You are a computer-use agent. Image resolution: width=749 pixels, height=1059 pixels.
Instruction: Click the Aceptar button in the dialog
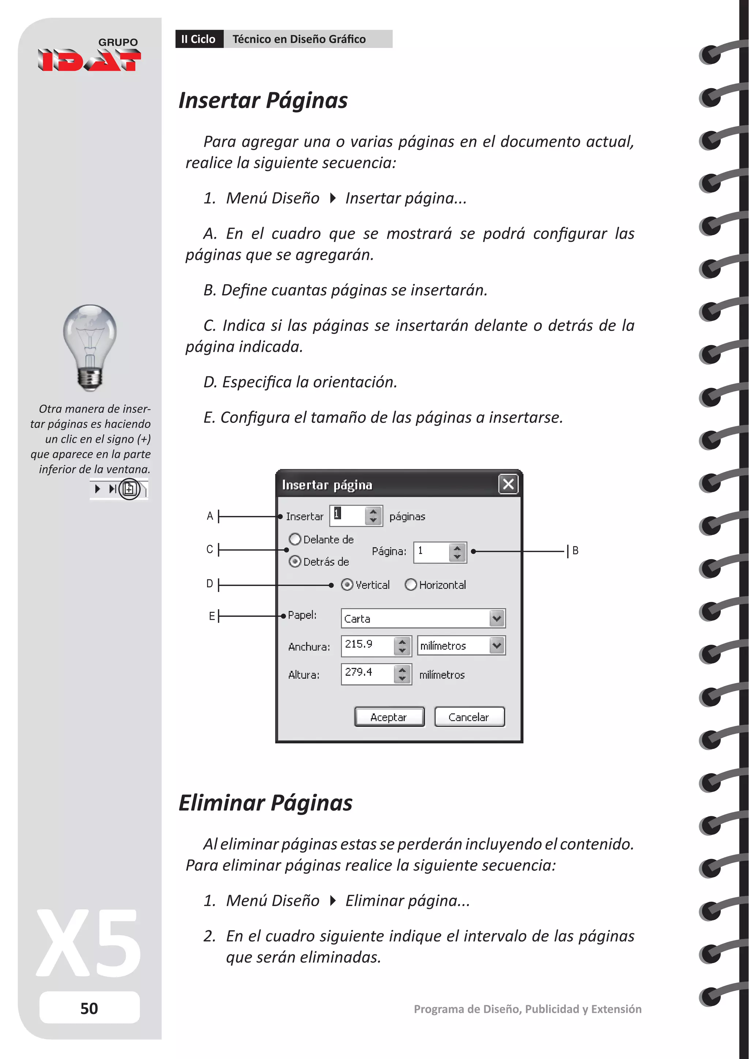click(x=389, y=717)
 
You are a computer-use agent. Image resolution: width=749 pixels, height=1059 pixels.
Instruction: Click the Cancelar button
click(x=469, y=717)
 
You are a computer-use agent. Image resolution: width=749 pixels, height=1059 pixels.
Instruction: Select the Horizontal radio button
click(x=410, y=584)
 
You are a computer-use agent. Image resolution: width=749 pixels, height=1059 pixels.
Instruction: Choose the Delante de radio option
click(x=295, y=539)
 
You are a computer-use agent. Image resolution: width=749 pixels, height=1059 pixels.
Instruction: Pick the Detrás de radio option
click(x=295, y=561)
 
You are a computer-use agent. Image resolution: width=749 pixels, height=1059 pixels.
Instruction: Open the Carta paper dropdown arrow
click(x=497, y=618)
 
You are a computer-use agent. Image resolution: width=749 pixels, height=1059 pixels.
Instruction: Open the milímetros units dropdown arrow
click(x=497, y=645)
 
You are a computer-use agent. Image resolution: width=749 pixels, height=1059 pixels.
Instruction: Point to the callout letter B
click(x=575, y=550)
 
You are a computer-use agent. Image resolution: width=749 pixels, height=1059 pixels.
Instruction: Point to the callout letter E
click(x=211, y=616)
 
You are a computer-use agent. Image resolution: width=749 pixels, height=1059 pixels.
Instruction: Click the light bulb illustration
click(x=90, y=346)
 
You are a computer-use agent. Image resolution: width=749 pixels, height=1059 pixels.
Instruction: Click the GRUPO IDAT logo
click(x=90, y=55)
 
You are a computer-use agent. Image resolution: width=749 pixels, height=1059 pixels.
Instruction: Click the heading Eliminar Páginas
click(x=265, y=803)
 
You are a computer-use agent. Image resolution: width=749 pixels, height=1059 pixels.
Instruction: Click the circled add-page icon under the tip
click(x=129, y=489)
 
